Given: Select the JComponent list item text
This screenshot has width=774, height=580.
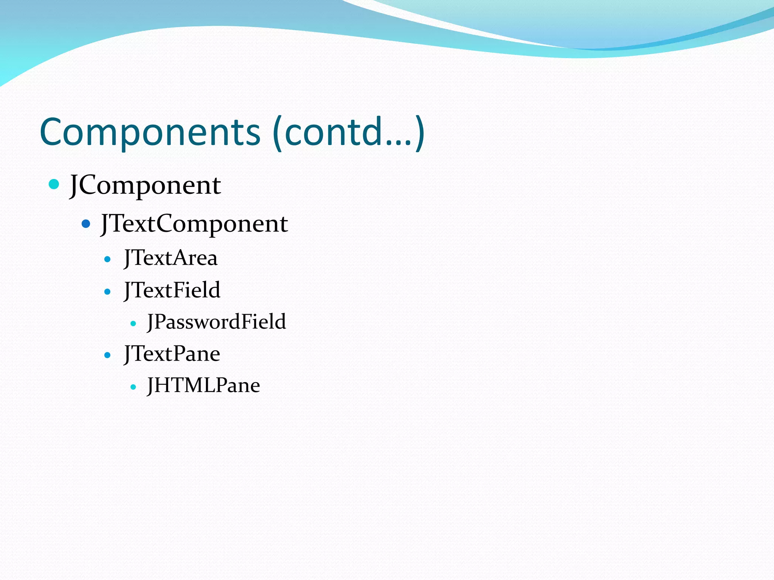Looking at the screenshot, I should (x=146, y=185).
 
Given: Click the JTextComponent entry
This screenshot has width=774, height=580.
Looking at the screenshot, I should (x=194, y=224).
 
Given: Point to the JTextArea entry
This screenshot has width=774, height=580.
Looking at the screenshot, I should (x=171, y=258).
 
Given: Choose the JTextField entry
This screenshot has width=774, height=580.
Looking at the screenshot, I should (x=172, y=290).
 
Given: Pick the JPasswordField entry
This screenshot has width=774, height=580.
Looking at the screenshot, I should (x=217, y=322).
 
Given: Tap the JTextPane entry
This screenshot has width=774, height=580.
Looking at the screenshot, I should (x=172, y=354).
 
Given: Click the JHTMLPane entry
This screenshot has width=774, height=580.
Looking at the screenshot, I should (x=204, y=386).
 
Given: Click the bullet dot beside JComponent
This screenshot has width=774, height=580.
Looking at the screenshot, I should (x=54, y=184).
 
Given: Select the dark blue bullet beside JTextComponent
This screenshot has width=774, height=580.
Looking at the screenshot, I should (x=86, y=224).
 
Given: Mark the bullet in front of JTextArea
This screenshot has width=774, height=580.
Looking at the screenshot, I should (x=108, y=259).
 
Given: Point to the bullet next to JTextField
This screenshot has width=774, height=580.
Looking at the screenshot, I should (x=108, y=292).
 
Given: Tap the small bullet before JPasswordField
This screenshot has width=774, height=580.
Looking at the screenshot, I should (x=133, y=323).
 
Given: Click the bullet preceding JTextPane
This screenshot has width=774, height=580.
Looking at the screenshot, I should (x=108, y=355).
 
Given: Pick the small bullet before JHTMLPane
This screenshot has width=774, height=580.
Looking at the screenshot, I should (x=133, y=387).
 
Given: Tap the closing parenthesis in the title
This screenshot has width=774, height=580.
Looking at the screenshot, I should (x=420, y=133).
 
